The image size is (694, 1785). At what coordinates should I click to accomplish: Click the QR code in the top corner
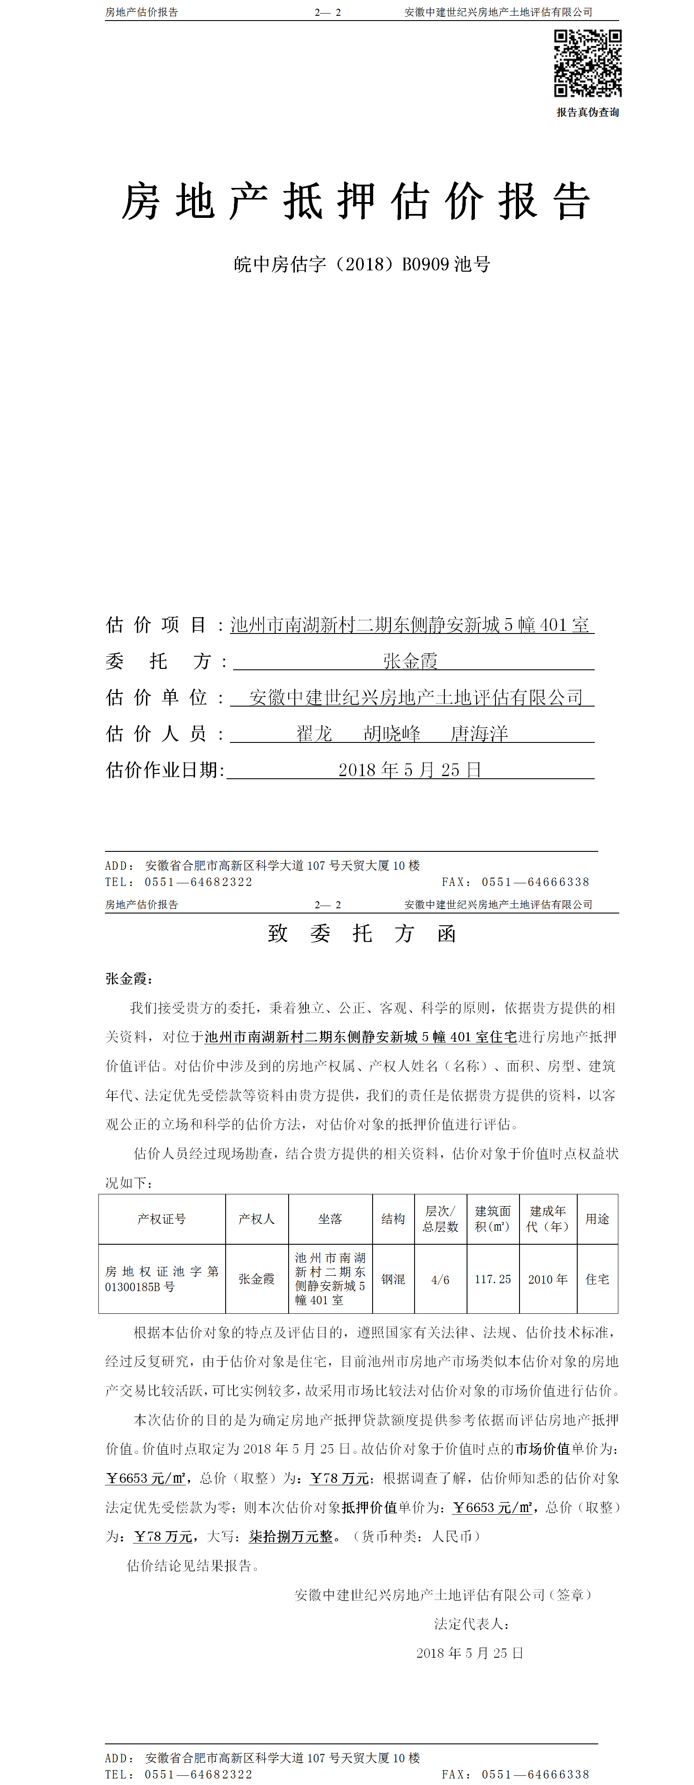(587, 63)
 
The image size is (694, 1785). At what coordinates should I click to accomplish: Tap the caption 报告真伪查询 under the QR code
(587, 112)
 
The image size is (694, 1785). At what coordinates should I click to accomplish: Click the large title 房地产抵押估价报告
(356, 202)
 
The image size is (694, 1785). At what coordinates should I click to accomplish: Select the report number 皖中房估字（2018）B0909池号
(362, 264)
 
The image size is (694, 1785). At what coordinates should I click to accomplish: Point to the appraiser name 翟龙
(314, 734)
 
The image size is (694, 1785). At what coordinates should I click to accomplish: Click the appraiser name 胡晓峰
(392, 734)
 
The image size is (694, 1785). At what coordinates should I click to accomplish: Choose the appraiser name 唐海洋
(479, 734)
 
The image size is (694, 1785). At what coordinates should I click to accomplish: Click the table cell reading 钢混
(393, 1279)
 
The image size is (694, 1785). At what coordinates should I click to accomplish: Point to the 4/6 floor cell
(440, 1280)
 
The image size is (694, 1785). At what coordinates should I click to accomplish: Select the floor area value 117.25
(492, 1279)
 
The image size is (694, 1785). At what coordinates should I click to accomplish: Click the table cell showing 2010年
(547, 1279)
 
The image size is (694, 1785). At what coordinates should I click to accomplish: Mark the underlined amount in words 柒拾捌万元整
(291, 1536)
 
